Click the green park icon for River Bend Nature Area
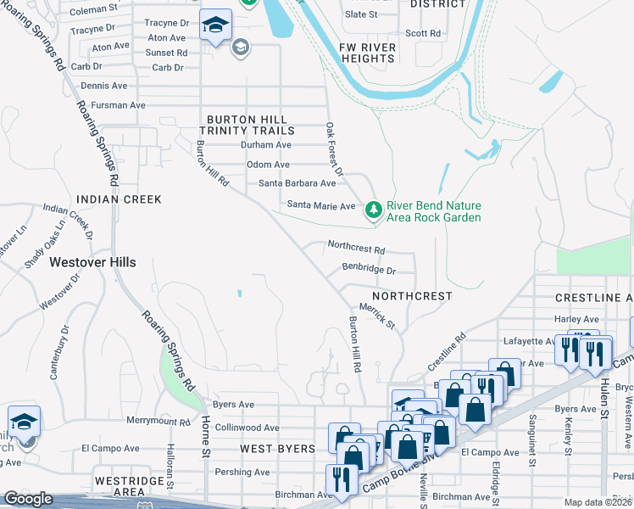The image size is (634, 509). click(373, 210)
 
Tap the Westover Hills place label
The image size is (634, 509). click(92, 263)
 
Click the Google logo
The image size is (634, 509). click(27, 499)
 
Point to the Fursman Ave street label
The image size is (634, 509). click(114, 105)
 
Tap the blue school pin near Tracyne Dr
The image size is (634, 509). click(215, 27)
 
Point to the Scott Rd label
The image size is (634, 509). click(423, 34)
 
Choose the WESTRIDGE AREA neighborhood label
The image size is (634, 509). click(119, 485)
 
